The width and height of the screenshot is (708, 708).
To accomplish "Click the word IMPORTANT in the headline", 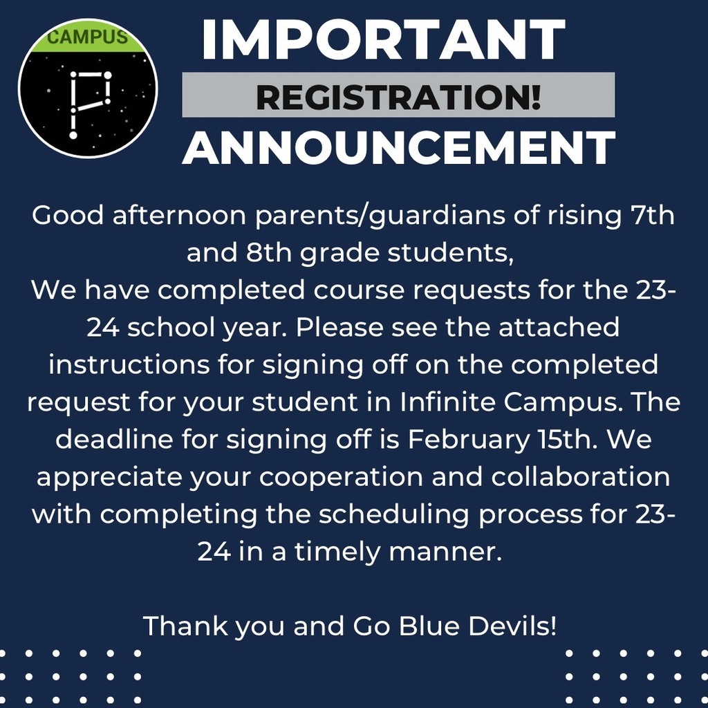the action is click(x=383, y=39).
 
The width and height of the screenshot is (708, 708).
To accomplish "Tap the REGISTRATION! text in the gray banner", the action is click(x=398, y=97).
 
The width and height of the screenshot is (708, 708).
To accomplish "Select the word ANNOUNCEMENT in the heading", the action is click(x=399, y=147).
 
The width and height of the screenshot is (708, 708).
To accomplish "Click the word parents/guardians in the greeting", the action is click(x=380, y=216).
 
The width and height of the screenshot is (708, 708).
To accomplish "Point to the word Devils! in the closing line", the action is click(x=512, y=626).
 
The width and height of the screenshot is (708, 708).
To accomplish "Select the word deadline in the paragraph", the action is click(x=114, y=438).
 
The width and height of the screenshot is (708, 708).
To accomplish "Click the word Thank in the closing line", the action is click(x=185, y=626).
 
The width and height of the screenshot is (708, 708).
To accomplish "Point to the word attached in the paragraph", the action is click(x=559, y=327).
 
